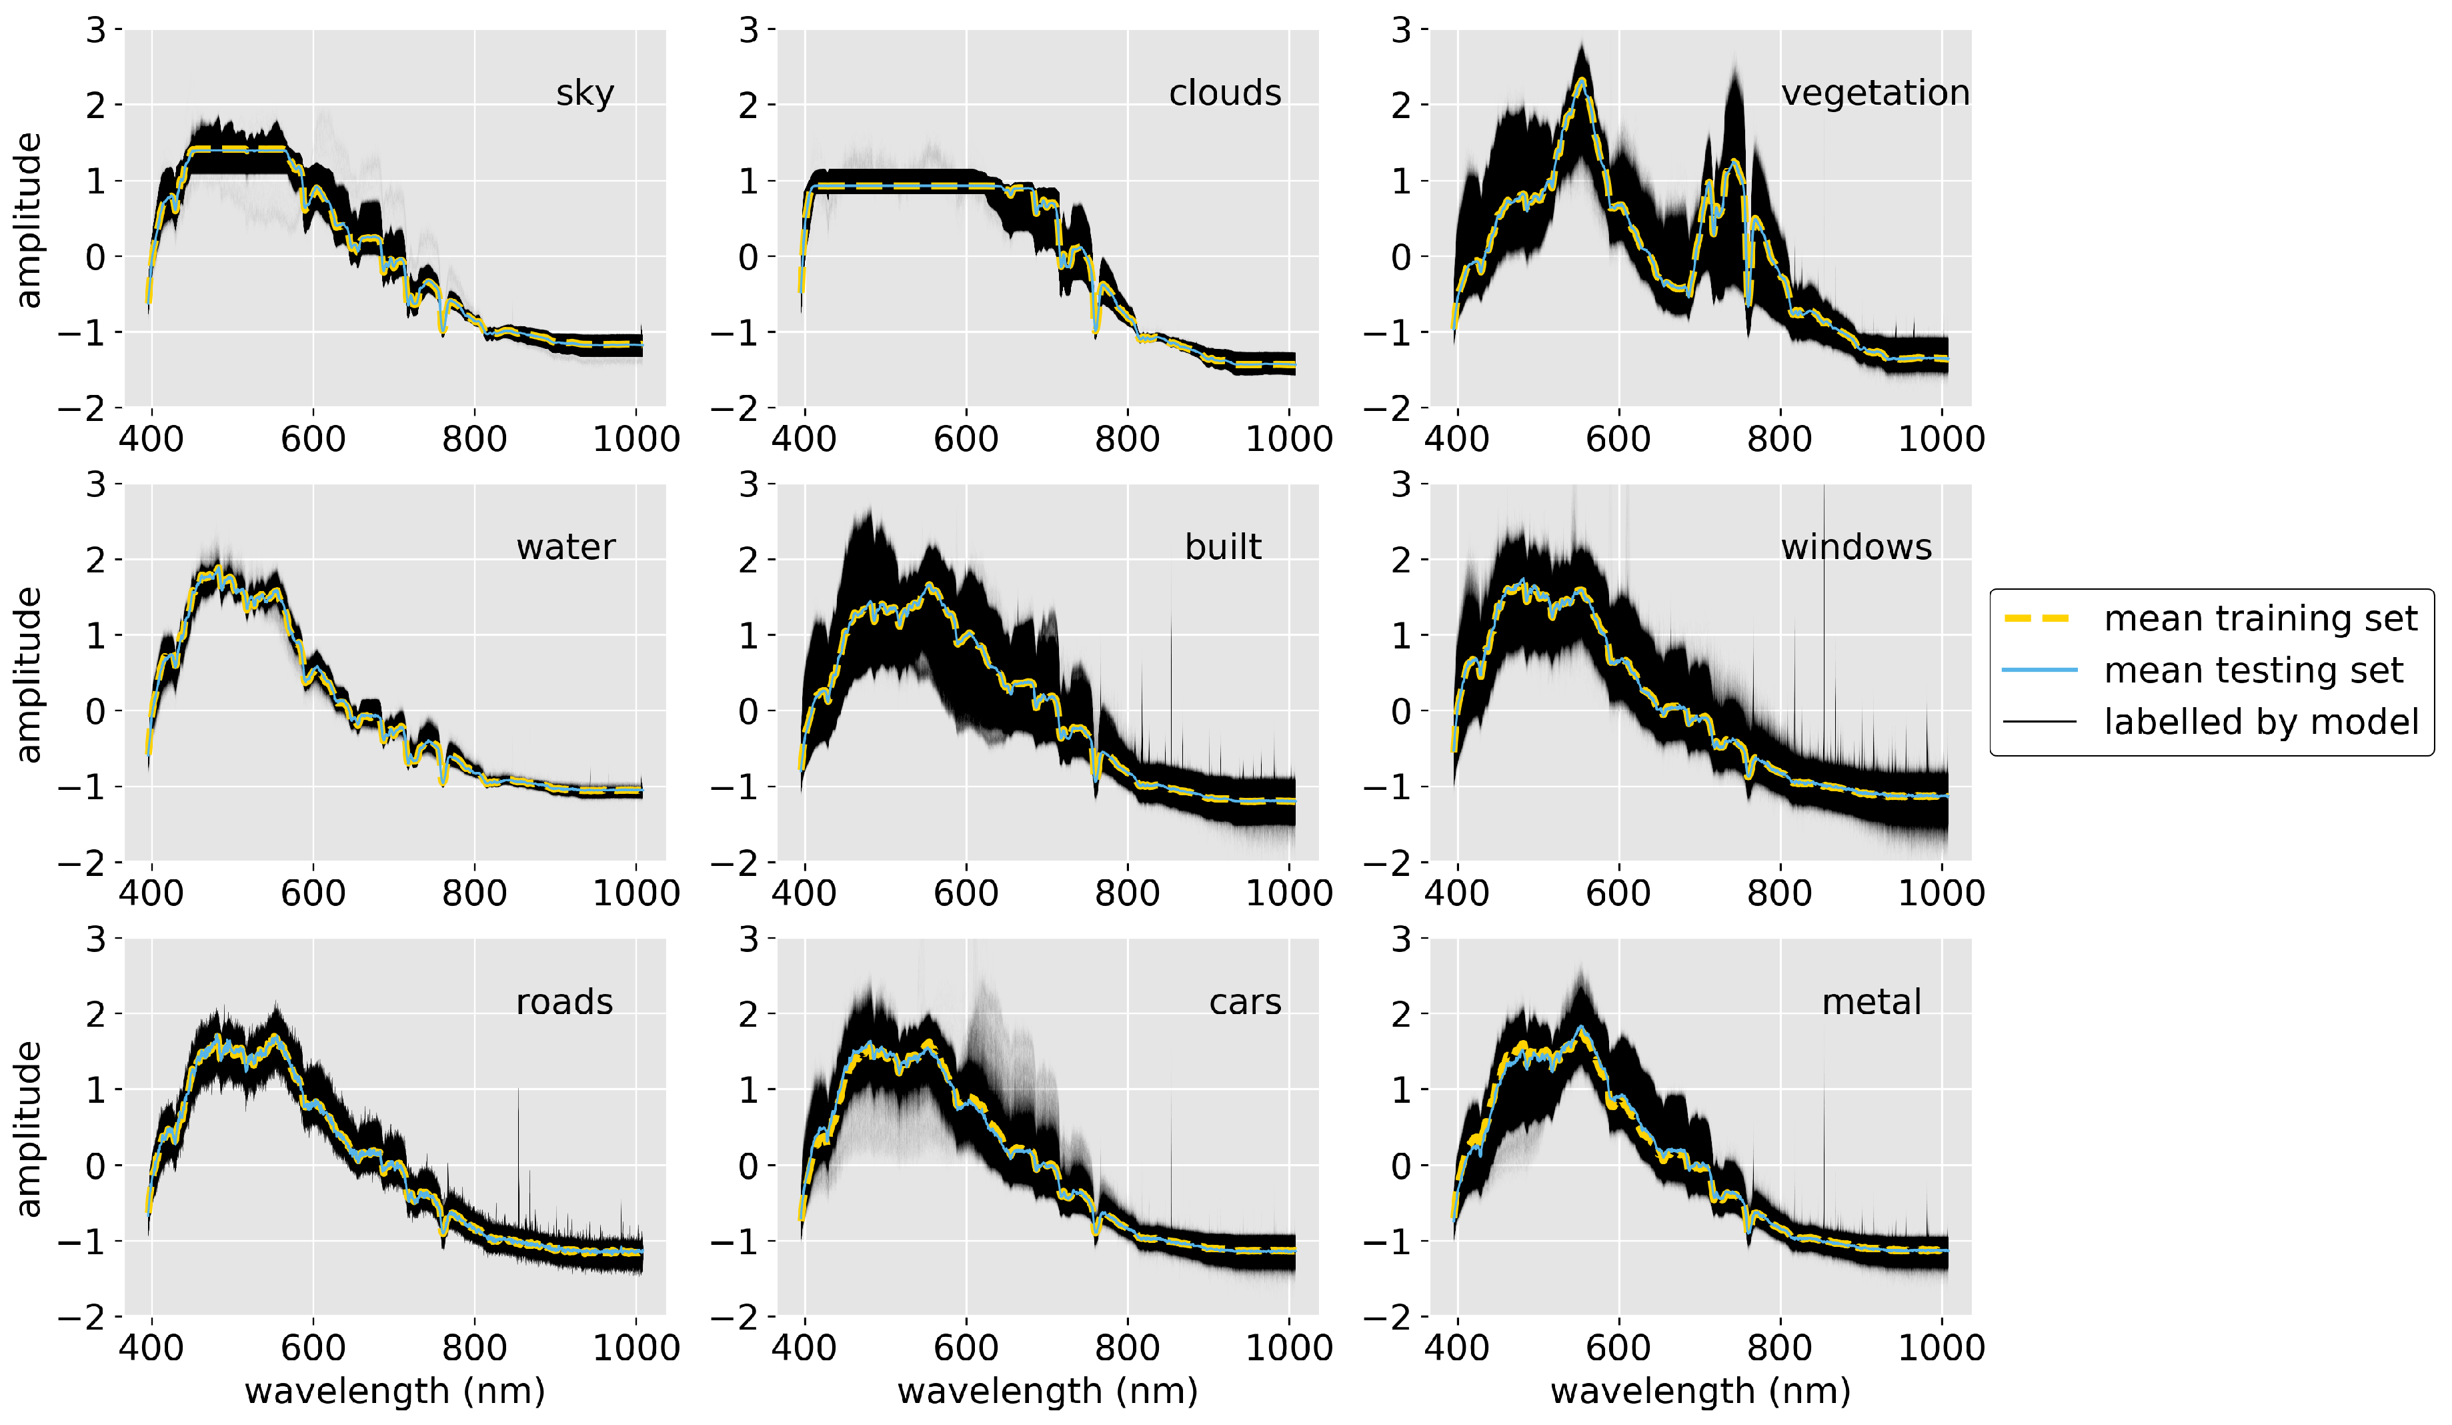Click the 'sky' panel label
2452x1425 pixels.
[x=585, y=93]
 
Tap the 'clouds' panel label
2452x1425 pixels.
[x=1224, y=93]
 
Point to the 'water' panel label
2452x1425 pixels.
[x=565, y=547]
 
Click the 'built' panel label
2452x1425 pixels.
[x=1222, y=547]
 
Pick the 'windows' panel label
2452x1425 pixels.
[x=1856, y=547]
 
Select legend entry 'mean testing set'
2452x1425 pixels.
[x=2253, y=670]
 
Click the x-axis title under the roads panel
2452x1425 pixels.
[x=394, y=1391]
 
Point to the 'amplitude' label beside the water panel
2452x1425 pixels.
[x=29, y=674]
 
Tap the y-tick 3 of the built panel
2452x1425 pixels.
[x=748, y=484]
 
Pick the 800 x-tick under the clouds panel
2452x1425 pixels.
[x=1127, y=438]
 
